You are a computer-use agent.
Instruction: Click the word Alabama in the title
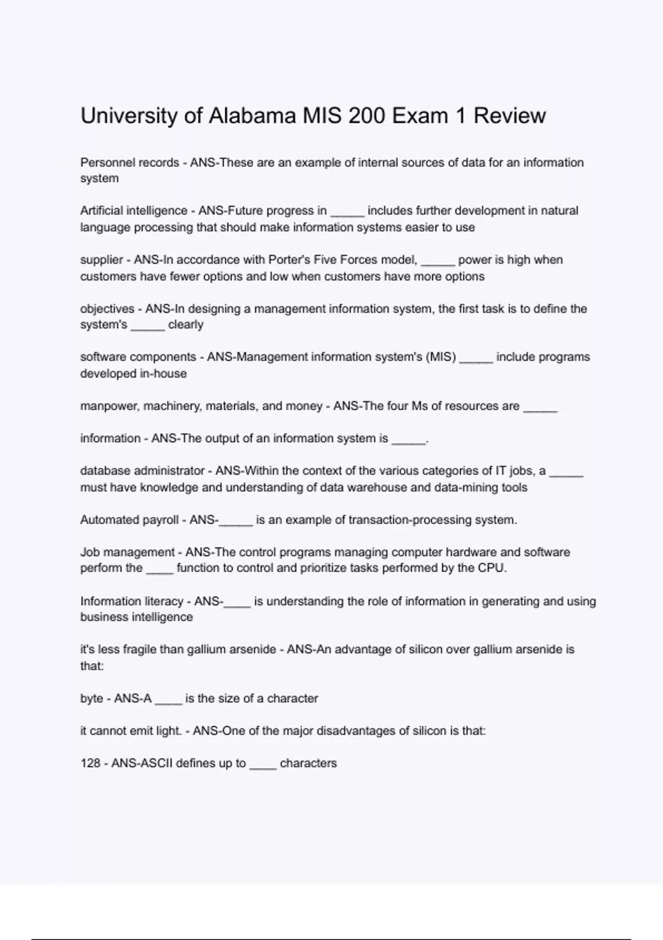point(252,116)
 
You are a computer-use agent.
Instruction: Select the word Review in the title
point(509,116)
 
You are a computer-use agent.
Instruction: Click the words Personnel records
point(130,163)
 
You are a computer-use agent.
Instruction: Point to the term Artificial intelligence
point(134,211)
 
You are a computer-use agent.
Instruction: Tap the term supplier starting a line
point(102,260)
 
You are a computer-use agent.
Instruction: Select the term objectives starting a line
point(107,309)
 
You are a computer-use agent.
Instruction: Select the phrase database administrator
point(143,471)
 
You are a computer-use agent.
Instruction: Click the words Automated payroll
point(129,520)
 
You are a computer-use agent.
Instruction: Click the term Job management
point(128,552)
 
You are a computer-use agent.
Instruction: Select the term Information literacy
point(131,601)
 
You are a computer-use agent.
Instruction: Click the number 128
point(91,763)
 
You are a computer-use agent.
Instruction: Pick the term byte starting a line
point(92,698)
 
